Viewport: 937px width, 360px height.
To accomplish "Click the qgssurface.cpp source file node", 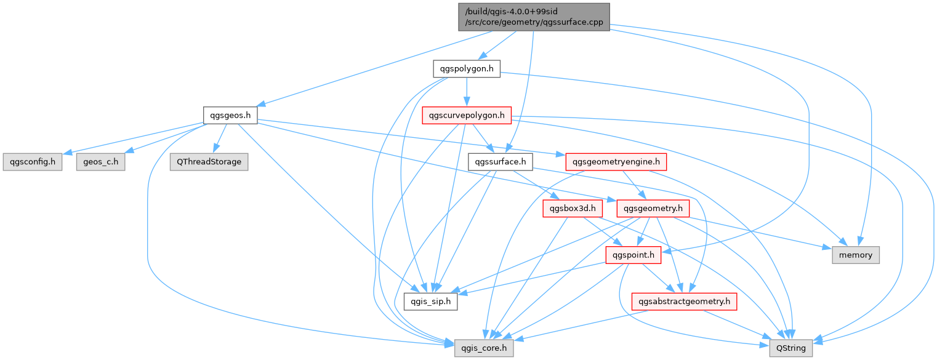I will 534,17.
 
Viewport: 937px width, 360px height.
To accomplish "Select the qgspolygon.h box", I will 466,68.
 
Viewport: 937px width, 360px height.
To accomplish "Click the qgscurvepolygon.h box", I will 467,115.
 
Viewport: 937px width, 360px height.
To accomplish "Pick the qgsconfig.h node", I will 33,162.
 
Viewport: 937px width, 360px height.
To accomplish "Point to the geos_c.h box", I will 100,162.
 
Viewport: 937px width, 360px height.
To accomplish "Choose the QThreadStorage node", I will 209,162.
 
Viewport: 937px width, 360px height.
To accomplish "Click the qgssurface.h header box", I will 501,162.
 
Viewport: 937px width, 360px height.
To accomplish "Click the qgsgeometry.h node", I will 653,209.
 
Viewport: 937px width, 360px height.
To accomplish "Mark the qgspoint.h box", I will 633,255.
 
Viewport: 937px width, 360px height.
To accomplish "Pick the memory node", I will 856,255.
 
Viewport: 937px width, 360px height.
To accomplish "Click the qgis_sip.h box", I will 431,302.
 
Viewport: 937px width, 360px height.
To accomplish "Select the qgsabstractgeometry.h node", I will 684,302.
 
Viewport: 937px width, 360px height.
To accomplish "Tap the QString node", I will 791,348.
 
